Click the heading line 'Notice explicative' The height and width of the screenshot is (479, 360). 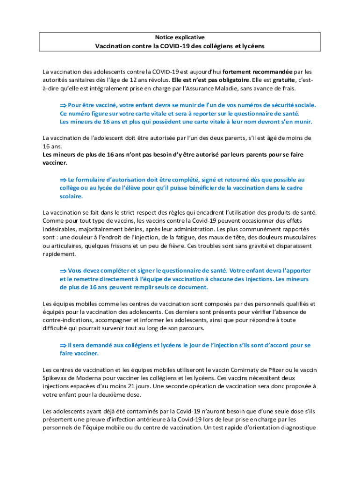[180, 37]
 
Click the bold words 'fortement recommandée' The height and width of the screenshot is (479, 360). [258, 72]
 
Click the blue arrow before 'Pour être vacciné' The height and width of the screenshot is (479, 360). [63, 105]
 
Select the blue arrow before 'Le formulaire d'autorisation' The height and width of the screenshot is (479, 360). [63, 180]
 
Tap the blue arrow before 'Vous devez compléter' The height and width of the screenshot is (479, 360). [63, 271]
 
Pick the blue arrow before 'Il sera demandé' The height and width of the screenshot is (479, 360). [63, 345]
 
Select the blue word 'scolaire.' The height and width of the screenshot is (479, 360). [71, 196]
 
